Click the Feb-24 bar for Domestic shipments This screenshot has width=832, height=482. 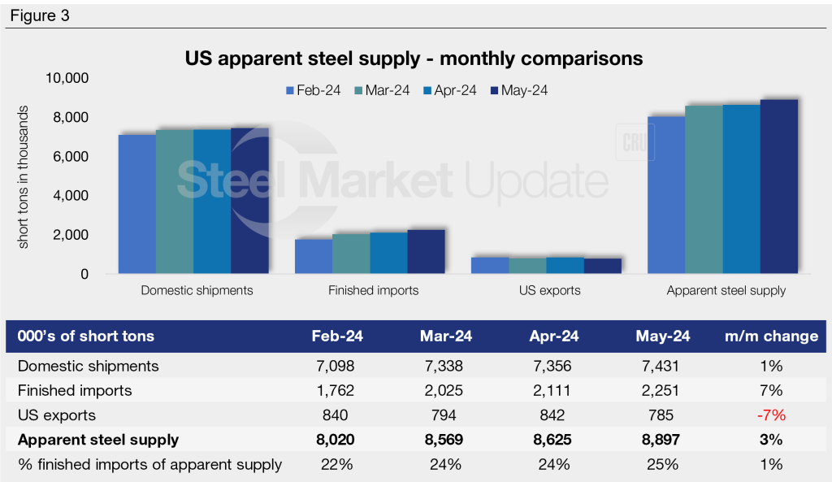137,204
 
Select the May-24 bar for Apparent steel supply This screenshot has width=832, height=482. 778,187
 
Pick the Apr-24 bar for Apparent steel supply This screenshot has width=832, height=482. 741,189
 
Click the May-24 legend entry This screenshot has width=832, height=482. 518,90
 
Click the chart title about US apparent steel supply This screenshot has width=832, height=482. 414,59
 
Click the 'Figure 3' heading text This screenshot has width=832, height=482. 41,15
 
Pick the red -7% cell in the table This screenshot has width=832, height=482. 770,415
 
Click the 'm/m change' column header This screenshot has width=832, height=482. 770,337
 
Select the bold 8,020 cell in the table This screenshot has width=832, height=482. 334,441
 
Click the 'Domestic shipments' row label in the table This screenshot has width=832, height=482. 89,366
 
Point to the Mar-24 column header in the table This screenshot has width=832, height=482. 445,337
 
